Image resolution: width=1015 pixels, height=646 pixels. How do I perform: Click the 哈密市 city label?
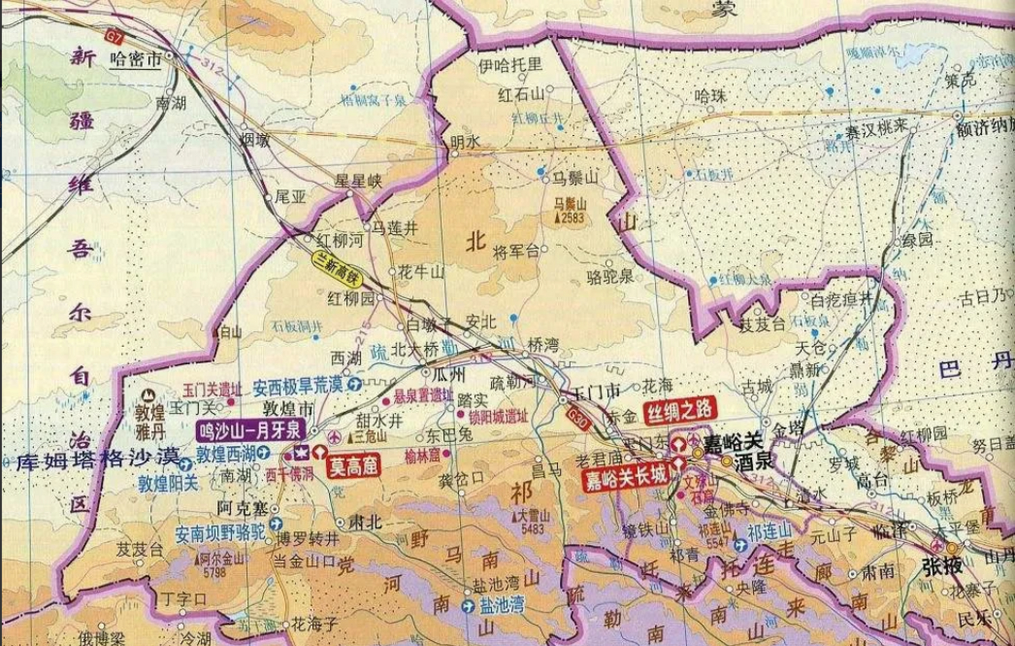(x=135, y=60)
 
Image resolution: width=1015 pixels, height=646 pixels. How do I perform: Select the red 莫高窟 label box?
(x=353, y=467)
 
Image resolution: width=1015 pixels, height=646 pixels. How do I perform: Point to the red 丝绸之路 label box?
(x=681, y=410)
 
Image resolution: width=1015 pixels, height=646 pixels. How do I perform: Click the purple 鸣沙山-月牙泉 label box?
(x=251, y=430)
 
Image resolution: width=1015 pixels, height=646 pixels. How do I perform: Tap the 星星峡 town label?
(x=359, y=181)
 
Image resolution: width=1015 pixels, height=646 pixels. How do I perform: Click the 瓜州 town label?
(x=444, y=375)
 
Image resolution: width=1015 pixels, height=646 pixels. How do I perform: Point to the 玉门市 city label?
(x=597, y=391)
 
